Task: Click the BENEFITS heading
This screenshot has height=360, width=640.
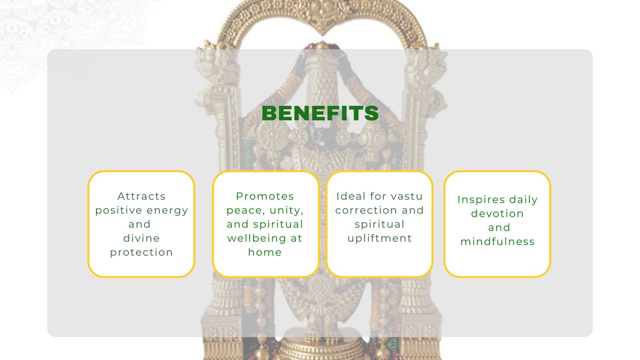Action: click(x=320, y=113)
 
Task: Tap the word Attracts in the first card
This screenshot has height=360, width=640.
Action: click(x=142, y=196)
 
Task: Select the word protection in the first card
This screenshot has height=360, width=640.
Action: click(x=142, y=252)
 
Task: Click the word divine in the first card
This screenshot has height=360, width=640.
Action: click(x=142, y=238)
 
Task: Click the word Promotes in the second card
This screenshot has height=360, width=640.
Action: click(x=265, y=196)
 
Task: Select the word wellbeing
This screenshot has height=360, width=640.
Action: click(x=256, y=238)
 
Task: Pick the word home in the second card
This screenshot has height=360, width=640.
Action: click(x=265, y=252)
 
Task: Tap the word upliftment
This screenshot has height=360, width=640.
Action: click(x=380, y=238)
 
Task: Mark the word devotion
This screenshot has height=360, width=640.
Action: click(x=498, y=214)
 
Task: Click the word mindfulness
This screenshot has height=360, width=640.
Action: click(x=498, y=242)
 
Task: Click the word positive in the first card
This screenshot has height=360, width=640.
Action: click(x=118, y=211)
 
